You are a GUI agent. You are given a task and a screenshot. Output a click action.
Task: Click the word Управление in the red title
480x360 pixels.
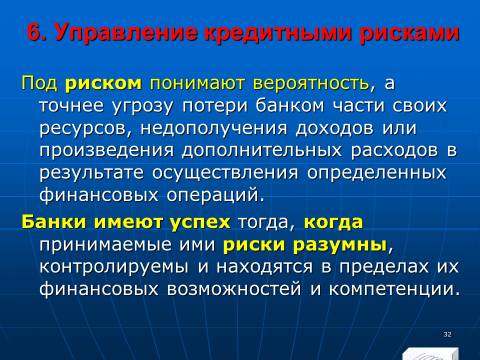click(126, 34)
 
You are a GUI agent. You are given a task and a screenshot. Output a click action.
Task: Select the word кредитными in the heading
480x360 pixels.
click(279, 33)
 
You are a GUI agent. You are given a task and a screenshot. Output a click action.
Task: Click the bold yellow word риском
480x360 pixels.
click(103, 83)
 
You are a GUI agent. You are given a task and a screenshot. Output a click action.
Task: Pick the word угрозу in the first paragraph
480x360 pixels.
click(143, 106)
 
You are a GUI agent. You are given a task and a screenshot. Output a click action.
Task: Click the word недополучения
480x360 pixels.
click(214, 128)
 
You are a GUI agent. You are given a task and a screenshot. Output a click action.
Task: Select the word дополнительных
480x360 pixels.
click(262, 150)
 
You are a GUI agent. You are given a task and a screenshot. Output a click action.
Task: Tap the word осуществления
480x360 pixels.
click(225, 173)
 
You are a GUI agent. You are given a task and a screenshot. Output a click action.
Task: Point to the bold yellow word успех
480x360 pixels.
click(200, 222)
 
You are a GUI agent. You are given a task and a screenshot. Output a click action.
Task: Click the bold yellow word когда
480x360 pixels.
click(333, 222)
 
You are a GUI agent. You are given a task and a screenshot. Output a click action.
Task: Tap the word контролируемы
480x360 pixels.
click(114, 267)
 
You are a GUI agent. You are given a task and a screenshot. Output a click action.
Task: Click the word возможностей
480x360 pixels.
click(234, 289)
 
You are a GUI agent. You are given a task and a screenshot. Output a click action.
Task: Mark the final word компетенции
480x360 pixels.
click(392, 289)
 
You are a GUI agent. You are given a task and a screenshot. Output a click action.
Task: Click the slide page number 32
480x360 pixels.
click(447, 334)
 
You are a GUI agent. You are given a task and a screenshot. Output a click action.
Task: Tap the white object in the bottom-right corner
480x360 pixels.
click(430, 354)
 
